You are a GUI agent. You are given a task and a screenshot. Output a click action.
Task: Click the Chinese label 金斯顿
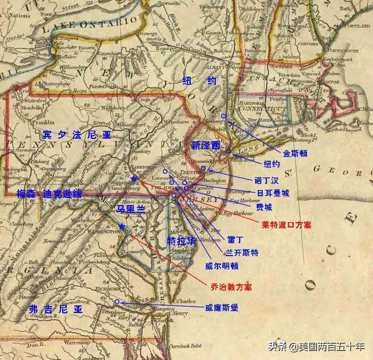coord(295,153)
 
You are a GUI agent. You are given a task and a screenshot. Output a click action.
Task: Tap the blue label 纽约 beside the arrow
coord(272,164)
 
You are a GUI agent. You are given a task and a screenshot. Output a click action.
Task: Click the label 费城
coord(264,207)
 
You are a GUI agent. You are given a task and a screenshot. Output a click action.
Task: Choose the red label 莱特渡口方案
coord(286,225)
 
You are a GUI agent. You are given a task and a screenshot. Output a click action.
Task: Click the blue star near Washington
coord(122,227)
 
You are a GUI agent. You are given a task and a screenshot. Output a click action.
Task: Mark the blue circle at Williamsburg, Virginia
coord(117,302)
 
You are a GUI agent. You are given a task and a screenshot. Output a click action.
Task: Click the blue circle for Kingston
coord(223,116)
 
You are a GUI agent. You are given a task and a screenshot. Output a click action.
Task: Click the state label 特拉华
coord(182,241)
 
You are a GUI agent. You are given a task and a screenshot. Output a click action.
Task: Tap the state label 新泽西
coord(206,145)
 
